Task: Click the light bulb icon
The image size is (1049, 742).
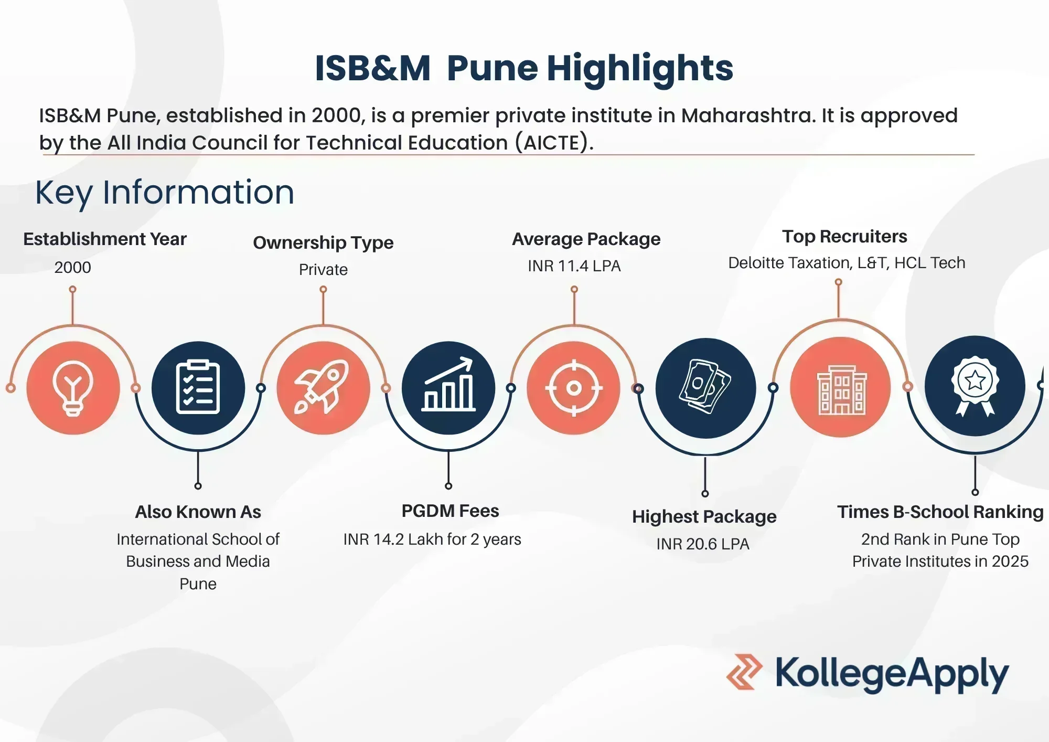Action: point(73,388)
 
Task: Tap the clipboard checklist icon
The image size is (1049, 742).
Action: point(198,387)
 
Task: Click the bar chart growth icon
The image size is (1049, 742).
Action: point(449,384)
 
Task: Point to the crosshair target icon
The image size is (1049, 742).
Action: point(574,388)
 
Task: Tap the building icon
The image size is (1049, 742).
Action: point(842,390)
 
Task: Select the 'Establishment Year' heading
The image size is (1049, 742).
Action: point(105,239)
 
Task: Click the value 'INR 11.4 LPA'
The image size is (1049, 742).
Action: point(574,266)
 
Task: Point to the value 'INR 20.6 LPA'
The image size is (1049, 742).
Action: point(703,544)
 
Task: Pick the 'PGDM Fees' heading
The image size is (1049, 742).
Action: point(450,511)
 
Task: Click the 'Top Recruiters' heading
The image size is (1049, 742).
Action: point(844,237)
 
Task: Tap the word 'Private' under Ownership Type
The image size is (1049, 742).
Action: point(323,270)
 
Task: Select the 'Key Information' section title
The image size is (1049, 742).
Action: point(165,193)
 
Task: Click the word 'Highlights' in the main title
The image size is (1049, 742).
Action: point(640,69)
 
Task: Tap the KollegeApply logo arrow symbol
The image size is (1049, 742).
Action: point(744,672)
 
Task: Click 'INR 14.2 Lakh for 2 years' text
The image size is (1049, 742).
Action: point(432,539)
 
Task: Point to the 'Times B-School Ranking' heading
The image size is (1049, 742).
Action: point(940,512)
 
